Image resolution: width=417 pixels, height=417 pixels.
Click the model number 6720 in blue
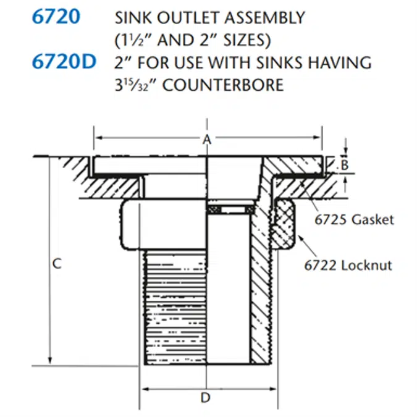coord(56,17)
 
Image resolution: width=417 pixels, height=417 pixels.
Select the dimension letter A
coord(207,140)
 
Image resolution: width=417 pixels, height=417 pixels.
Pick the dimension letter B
coord(346,165)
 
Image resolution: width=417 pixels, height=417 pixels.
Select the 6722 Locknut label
coord(348,266)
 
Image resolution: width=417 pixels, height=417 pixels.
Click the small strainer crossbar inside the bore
coord(229,211)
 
